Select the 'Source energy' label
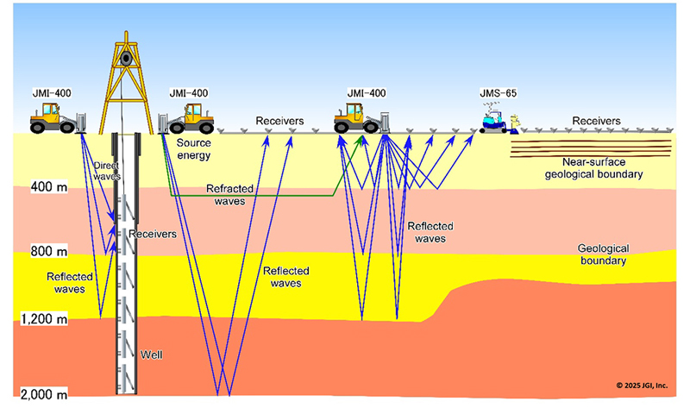coord(192,149)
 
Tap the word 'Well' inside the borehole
coord(151,355)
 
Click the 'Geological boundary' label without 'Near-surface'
coord(600,253)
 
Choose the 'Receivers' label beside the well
coord(152,234)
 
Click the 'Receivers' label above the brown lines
coord(597,121)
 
